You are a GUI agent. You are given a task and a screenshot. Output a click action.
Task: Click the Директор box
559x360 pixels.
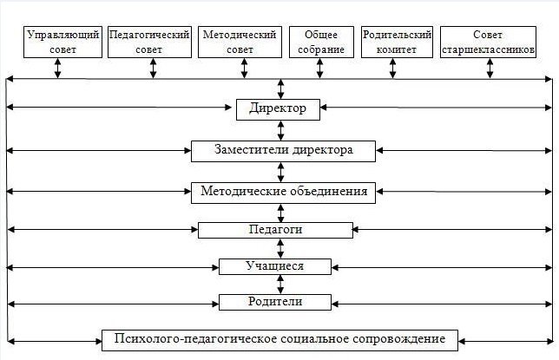pos(280,108)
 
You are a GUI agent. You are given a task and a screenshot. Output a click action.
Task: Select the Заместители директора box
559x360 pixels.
pos(283,150)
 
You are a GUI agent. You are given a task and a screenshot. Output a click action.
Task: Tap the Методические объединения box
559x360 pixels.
pos(283,191)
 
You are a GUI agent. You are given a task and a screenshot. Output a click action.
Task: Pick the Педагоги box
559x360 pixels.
pos(275,230)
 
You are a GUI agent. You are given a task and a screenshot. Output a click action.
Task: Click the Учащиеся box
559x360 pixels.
pos(274,265)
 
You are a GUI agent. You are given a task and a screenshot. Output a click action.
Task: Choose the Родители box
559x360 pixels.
pos(274,302)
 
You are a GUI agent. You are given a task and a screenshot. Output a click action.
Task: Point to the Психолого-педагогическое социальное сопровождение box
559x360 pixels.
pos(279,337)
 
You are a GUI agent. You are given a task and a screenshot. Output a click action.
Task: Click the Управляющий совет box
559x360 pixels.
pos(58,42)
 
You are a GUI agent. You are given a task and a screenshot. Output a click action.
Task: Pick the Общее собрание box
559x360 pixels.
pos(321,42)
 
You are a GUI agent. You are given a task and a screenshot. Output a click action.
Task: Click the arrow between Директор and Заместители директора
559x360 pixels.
pos(280,129)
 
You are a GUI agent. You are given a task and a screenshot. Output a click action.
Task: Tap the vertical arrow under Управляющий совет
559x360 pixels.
pos(58,69)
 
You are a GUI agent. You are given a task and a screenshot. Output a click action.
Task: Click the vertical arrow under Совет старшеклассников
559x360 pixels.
pos(491,69)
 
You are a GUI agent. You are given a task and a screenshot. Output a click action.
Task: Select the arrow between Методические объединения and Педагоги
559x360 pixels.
pos(280,213)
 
